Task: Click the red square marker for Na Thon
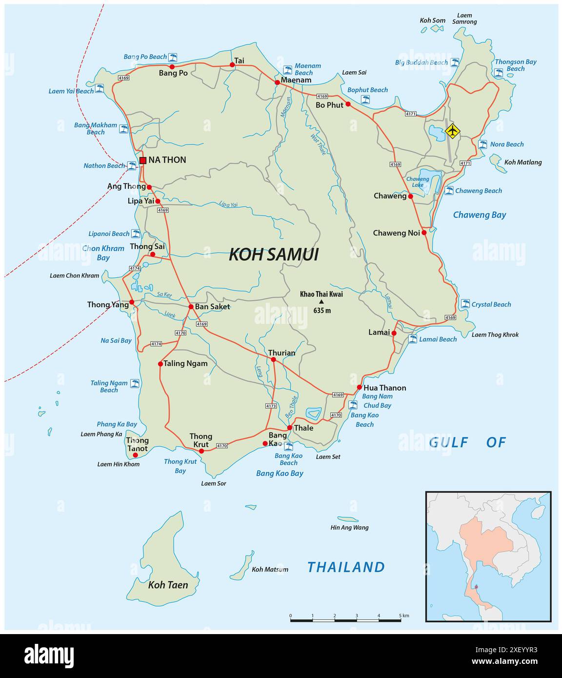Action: click(x=142, y=160)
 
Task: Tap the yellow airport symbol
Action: click(x=453, y=131)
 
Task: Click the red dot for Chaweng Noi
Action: click(x=424, y=233)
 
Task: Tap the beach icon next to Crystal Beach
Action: click(x=465, y=304)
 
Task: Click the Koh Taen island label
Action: click(x=168, y=585)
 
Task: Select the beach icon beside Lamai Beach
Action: click(x=413, y=339)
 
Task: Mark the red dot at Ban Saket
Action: click(x=191, y=307)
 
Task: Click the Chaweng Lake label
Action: click(x=418, y=182)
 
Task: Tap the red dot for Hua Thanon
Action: click(x=360, y=387)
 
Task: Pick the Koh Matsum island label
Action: click(x=270, y=569)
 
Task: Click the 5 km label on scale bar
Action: click(x=403, y=616)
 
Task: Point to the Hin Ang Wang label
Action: click(x=349, y=527)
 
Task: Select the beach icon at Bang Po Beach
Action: click(x=173, y=57)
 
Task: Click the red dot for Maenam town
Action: click(x=277, y=82)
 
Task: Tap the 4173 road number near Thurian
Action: click(x=271, y=406)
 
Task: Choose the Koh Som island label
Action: click(x=433, y=20)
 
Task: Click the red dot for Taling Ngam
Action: click(x=160, y=363)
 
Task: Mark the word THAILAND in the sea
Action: click(x=346, y=567)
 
